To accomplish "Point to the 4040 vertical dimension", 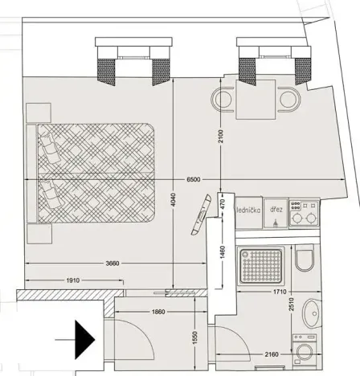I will pyautogui.click(x=174, y=204).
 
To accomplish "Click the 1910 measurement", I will pyautogui.click(x=72, y=280).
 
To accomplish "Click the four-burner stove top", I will pyautogui.click(x=305, y=211).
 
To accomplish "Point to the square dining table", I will pyautogui.click(x=256, y=100).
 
